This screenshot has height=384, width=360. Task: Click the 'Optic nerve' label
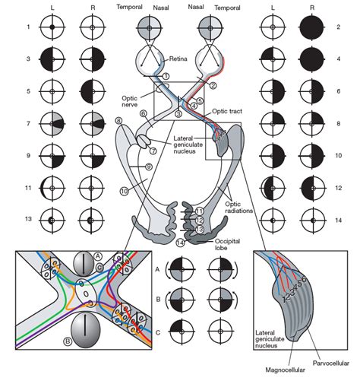coord(110,102)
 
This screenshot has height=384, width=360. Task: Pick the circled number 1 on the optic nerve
coord(166,77)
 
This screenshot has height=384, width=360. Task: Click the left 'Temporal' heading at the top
coord(129,6)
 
